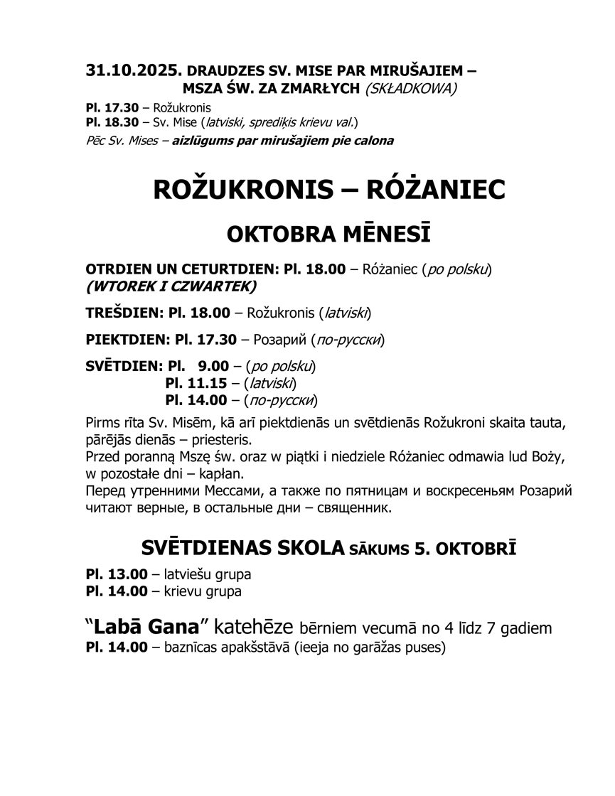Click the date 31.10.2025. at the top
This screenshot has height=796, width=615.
click(133, 71)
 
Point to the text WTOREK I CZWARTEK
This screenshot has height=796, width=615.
click(171, 286)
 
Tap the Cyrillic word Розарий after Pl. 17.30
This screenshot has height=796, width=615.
click(278, 340)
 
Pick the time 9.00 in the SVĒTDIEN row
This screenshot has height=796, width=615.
click(213, 367)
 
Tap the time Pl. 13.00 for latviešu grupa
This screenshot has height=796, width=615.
click(116, 575)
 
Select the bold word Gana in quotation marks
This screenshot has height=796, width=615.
click(175, 628)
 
